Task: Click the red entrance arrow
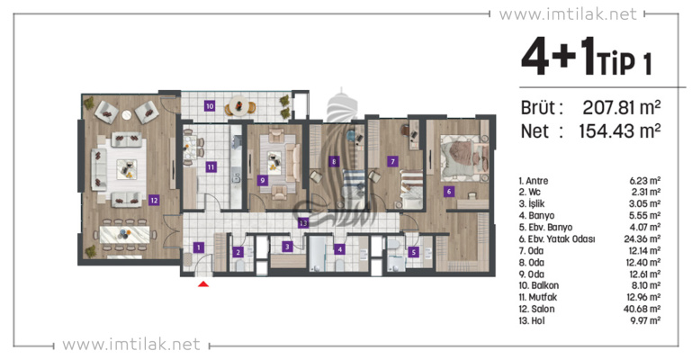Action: [x=203, y=284]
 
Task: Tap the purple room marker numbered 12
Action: [x=154, y=201]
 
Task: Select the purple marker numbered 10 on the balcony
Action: [x=210, y=106]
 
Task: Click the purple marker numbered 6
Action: [x=449, y=192]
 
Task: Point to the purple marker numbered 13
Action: [x=302, y=223]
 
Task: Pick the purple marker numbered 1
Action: [x=199, y=247]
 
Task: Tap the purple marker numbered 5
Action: [x=414, y=252]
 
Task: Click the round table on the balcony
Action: [x=238, y=105]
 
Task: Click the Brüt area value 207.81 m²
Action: [x=622, y=107]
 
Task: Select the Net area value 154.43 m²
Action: [x=620, y=131]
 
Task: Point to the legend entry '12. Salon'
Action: [x=536, y=309]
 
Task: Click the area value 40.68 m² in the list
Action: [x=643, y=309]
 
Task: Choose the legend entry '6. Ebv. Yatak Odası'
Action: [x=557, y=239]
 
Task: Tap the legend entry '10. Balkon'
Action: [x=539, y=285]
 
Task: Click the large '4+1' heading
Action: [x=559, y=57]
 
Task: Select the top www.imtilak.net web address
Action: [x=568, y=14]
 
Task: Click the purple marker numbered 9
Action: [x=263, y=180]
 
